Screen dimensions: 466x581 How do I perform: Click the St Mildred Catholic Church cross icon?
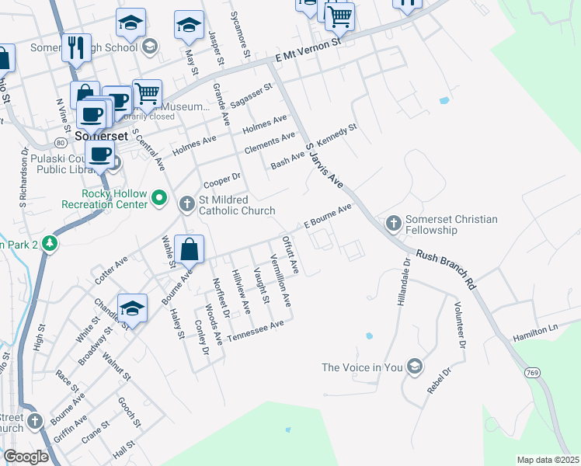click(186, 205)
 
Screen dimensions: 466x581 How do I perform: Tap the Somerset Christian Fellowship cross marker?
click(394, 224)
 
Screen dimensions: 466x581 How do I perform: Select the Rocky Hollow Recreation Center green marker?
click(160, 199)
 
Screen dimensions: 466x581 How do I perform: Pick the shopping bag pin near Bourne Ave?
click(189, 250)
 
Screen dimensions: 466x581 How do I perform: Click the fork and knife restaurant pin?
click(76, 47)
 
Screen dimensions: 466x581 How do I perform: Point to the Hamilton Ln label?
click(535, 333)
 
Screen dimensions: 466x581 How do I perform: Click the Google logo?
click(26, 457)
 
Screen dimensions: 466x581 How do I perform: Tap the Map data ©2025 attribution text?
click(548, 460)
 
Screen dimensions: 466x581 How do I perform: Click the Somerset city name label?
click(101, 134)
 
